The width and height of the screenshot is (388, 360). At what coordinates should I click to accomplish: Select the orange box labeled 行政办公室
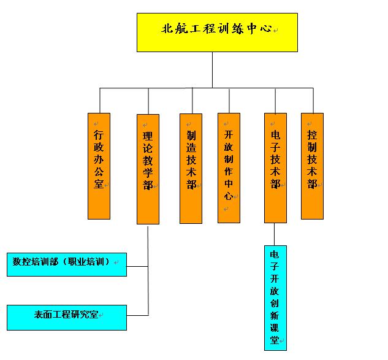(x=99, y=166)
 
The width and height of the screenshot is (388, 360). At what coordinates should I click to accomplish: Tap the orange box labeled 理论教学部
(x=148, y=169)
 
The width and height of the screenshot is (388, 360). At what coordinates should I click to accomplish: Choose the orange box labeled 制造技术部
(x=191, y=168)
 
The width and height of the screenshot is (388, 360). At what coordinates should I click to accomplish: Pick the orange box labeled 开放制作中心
(x=229, y=167)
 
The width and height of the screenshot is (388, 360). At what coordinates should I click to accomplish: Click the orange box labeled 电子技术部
(x=275, y=167)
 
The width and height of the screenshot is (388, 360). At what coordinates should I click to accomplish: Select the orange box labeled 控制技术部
(x=312, y=166)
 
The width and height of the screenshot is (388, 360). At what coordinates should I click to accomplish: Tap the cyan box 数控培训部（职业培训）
(x=66, y=264)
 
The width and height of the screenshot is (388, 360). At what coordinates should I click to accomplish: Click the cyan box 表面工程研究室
(x=66, y=317)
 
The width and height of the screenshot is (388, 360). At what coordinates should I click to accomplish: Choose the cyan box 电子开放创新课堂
(x=275, y=297)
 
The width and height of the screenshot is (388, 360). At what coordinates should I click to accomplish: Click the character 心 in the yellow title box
(x=267, y=28)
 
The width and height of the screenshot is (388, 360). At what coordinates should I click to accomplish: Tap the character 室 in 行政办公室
(x=99, y=183)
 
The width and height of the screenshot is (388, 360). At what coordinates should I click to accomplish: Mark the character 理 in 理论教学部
(x=148, y=135)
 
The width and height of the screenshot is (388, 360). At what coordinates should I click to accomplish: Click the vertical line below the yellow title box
(x=213, y=70)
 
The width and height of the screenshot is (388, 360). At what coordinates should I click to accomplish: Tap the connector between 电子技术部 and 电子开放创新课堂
(x=275, y=234)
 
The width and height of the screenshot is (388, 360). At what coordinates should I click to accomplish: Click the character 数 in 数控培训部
(x=17, y=262)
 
